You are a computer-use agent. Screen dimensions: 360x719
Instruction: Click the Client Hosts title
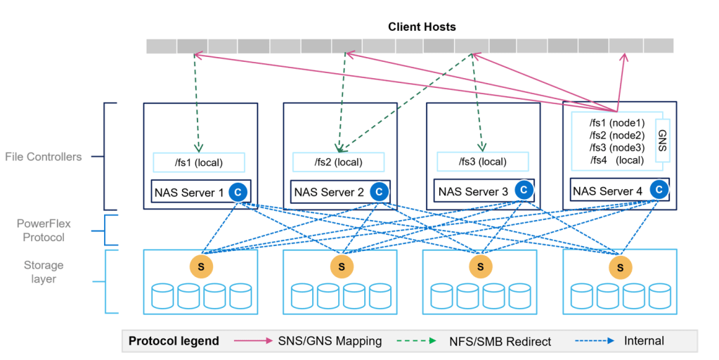click(x=422, y=27)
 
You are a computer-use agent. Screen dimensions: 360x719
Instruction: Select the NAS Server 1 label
click(x=189, y=192)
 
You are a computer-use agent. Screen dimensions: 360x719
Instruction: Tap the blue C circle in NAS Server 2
click(x=379, y=191)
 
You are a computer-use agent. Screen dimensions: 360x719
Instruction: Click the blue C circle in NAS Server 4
click(x=659, y=189)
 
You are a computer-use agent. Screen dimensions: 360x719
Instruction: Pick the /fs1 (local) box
click(x=199, y=162)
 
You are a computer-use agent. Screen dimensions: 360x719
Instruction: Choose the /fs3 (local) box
click(x=481, y=162)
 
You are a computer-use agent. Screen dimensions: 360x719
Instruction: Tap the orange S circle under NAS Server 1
click(x=201, y=266)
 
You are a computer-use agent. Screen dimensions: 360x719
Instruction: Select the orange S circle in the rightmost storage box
click(x=620, y=266)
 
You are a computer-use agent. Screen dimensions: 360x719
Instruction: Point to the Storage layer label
click(x=44, y=272)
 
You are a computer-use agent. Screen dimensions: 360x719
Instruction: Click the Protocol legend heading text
click(x=174, y=341)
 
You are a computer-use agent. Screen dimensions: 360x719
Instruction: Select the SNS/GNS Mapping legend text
click(x=330, y=341)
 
